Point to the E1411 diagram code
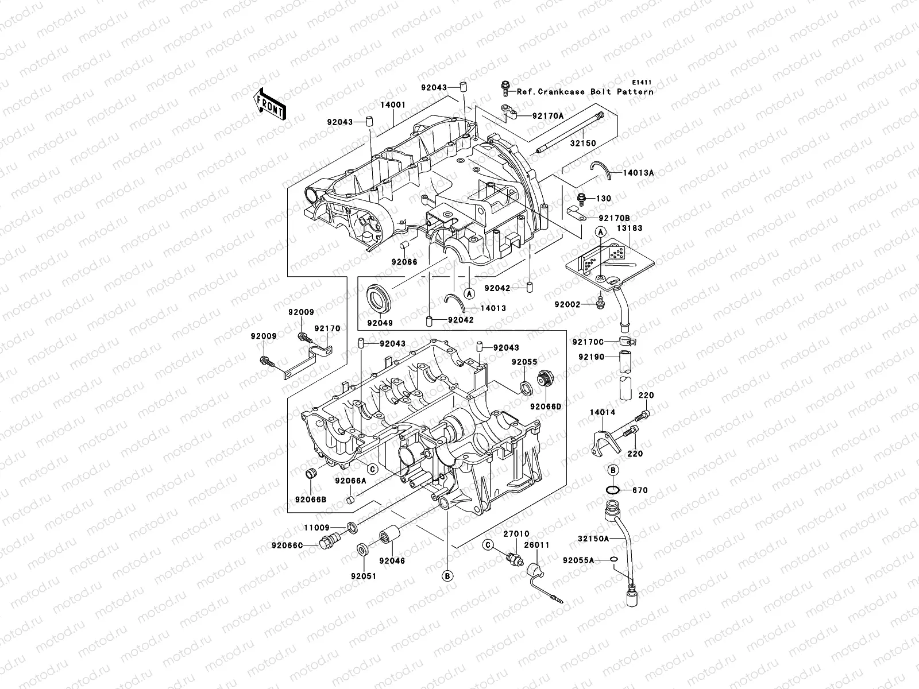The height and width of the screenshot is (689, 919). click(x=643, y=83)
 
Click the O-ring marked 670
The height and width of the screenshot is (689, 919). click(x=612, y=490)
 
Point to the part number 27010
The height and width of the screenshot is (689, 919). click(x=516, y=534)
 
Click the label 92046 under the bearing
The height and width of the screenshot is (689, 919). click(x=392, y=560)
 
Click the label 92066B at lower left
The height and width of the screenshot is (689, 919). click(x=311, y=499)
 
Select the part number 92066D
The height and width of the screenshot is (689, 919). click(x=546, y=406)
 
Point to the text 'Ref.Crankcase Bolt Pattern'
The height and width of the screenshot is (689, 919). click(x=585, y=91)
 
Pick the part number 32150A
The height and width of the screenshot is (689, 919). click(x=593, y=539)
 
